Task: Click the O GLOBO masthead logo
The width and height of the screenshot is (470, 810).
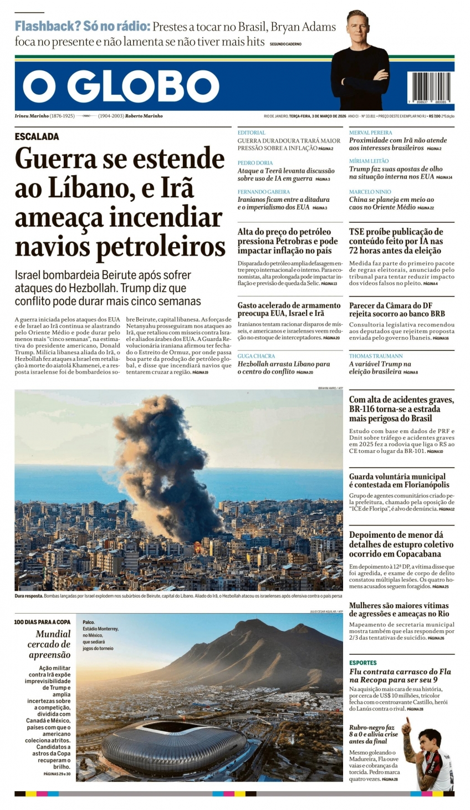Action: pos(121,87)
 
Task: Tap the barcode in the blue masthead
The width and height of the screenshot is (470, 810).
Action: pos(428,86)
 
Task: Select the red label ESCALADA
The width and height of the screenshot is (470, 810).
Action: pos(37,136)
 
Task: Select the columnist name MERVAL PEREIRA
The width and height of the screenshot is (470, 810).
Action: pos(370,133)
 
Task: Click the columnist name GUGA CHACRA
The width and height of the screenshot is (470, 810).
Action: pos(256,356)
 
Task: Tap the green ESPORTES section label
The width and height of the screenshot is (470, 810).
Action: pos(362,663)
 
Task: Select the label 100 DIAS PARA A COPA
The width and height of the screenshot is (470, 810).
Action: pos(42,622)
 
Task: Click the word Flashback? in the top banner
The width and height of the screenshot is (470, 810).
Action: pos(48,26)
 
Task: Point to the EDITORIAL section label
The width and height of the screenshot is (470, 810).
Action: pos(251,133)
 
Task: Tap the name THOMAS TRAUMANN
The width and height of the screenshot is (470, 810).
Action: pos(376,356)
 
